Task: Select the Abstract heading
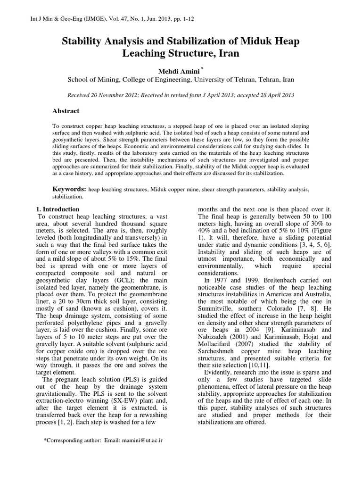pos(66,111)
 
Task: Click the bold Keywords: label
pos(69,189)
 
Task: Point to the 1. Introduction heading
pos(58,209)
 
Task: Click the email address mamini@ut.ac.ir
pos(141,440)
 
